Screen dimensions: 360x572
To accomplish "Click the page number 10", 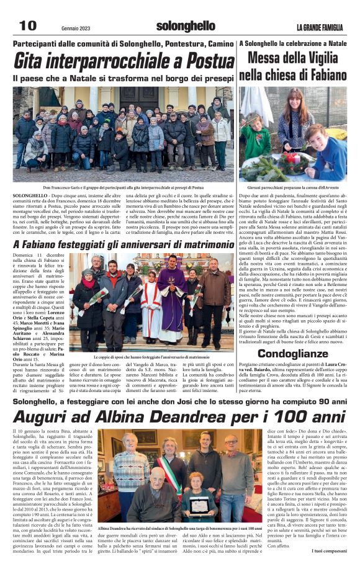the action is click(x=27, y=25).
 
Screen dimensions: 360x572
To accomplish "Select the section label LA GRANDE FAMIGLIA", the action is click(x=318, y=27).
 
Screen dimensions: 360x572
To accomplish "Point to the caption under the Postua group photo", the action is click(x=124, y=187).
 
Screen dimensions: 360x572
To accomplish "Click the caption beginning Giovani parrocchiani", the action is click(x=293, y=187).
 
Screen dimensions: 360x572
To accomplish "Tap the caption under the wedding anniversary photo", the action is click(x=151, y=358).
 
